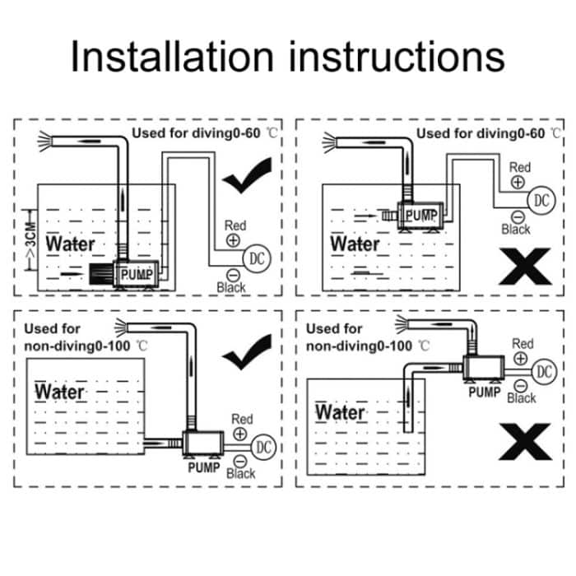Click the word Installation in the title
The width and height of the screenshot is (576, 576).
click(171, 58)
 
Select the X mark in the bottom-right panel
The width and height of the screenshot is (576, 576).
click(524, 444)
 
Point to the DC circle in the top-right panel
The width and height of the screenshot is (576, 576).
click(541, 200)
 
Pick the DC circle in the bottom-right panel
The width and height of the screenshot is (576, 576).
click(544, 372)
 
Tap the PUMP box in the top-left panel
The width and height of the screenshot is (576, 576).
click(137, 274)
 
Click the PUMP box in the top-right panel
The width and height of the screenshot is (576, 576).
click(420, 216)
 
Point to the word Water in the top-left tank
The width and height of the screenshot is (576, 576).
click(70, 244)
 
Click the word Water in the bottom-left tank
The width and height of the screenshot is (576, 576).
click(60, 391)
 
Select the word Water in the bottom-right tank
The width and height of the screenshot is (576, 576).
click(341, 411)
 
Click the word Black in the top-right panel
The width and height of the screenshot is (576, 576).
click(516, 230)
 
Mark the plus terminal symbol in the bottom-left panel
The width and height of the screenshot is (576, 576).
click(240, 434)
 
